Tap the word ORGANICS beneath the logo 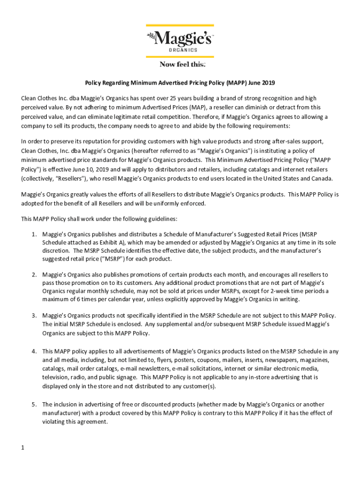point(182,50)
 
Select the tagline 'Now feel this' point(180,64)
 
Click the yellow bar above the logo point(180,25)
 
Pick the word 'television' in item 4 point(55,377)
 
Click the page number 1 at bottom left point(22,448)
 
